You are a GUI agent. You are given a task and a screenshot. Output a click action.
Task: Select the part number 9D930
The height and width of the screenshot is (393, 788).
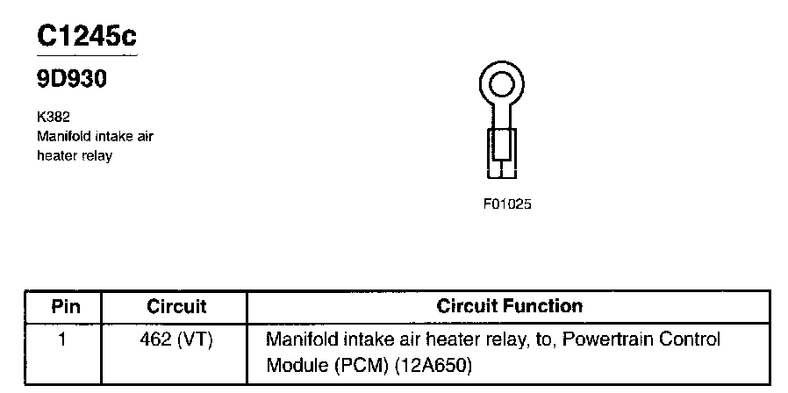coord(72,81)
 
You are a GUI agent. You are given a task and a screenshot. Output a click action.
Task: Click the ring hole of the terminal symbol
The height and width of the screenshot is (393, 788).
coord(501,85)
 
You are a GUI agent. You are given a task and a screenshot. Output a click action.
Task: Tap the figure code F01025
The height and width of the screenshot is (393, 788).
coord(507,204)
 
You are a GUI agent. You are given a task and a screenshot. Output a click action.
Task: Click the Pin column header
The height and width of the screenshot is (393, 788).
coord(65,307)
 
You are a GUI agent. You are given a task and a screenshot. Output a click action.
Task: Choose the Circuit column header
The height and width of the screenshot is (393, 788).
coord(176,307)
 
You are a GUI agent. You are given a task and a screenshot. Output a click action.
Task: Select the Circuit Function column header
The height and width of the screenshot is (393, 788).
coord(509,307)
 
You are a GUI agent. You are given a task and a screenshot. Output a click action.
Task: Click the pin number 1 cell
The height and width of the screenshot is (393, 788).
coord(62,339)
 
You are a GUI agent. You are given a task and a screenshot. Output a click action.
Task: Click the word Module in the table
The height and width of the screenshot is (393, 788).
coord(294,362)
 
